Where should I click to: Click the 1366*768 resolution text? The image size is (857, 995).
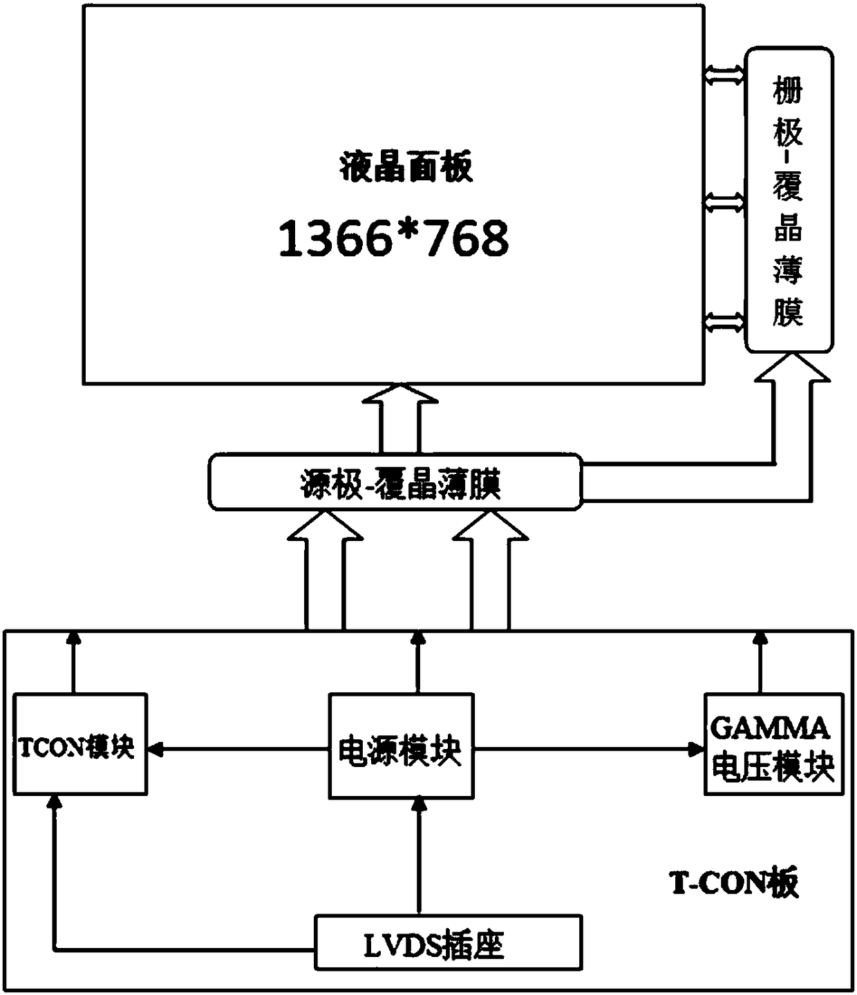click(x=393, y=238)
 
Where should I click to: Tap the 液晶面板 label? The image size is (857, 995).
click(x=406, y=168)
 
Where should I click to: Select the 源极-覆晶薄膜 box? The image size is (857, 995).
click(x=395, y=482)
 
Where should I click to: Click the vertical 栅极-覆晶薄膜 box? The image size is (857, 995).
click(x=788, y=200)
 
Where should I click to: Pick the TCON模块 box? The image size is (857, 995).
click(x=80, y=744)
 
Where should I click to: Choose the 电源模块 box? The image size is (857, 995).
click(x=401, y=746)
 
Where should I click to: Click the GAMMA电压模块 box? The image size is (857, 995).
click(x=773, y=745)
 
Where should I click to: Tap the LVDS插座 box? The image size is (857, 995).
click(x=448, y=942)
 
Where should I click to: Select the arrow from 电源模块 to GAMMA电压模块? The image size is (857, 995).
click(x=587, y=748)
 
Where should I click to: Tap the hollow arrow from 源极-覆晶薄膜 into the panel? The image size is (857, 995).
click(x=399, y=418)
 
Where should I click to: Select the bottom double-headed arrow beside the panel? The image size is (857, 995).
click(x=724, y=321)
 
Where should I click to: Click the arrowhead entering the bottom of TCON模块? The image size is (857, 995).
click(x=56, y=804)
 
